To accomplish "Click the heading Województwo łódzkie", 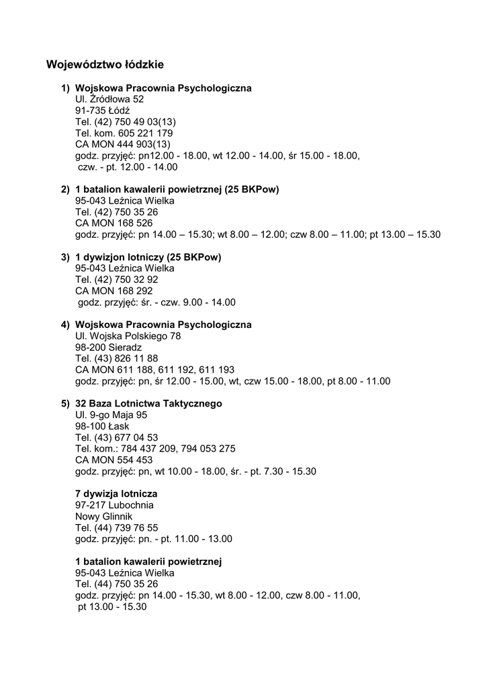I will coord(105,65).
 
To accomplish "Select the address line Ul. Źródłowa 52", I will coord(109,99).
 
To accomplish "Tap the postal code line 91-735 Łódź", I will coord(103,110).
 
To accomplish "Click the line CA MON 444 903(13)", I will coord(123,144).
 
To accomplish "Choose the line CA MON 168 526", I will coord(114,223).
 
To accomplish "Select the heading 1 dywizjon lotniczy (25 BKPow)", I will coord(148,257).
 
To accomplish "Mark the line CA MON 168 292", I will coord(114,291).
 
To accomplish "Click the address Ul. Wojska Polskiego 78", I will coord(128,336).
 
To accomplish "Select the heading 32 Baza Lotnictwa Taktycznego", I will coord(148,404).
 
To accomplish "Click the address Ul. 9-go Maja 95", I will coord(111,415).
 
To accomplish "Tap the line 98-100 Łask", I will coord(102,427).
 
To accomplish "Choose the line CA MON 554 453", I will coord(114,460).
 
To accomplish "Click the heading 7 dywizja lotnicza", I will coord(116,494).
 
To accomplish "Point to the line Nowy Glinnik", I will coord(104,516).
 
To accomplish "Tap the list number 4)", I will coord(65,325).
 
